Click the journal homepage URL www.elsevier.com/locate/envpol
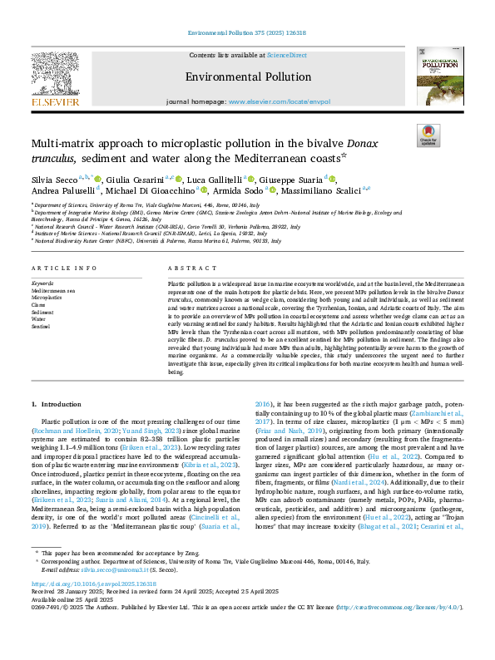pyautogui.click(x=276, y=101)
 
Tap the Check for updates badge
pyautogui.click(x=427, y=135)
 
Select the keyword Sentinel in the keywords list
pyautogui.click(x=42, y=327)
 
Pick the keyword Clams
pyautogui.click(x=40, y=305)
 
